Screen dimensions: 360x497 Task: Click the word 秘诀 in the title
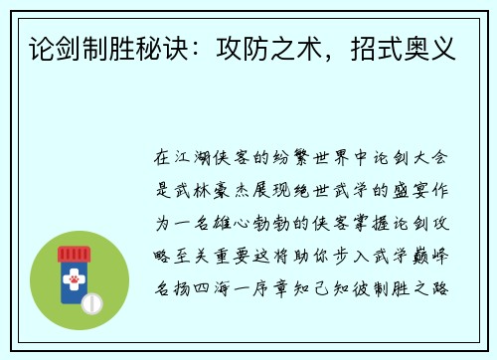pos(180,44)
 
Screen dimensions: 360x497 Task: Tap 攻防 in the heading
pos(267,44)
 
